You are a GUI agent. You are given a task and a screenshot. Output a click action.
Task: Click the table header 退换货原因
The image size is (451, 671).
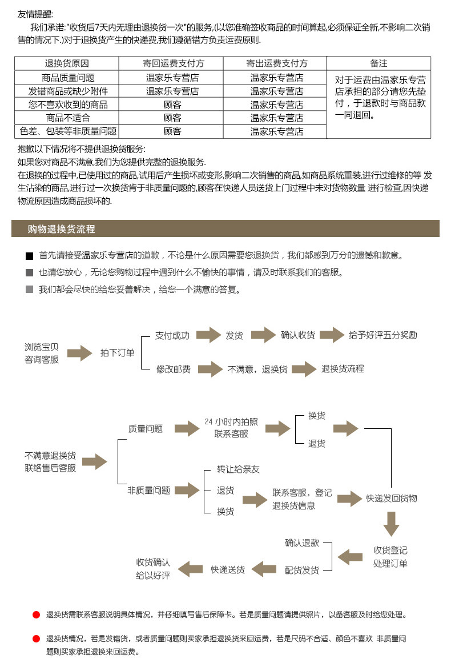67,63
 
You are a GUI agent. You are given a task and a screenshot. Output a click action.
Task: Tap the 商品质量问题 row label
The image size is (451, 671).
67,77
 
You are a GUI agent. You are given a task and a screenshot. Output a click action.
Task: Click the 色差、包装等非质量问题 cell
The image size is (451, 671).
67,131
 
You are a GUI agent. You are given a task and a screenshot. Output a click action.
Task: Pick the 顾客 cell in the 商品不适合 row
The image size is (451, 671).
172,118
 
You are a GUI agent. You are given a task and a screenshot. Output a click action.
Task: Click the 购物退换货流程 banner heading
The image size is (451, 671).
61,230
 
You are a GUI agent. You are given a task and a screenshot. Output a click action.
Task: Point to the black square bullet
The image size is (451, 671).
30,256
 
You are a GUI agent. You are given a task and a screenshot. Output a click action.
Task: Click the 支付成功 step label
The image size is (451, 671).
172,335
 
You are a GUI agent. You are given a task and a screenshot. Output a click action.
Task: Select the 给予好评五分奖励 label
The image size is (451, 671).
382,335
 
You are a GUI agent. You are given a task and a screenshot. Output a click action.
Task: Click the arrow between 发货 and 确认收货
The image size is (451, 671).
263,335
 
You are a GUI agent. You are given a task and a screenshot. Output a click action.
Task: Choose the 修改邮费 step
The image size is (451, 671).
173,369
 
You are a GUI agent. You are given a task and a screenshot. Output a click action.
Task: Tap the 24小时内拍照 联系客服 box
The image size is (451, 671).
231,428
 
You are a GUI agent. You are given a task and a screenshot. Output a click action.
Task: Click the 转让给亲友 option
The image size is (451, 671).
238,469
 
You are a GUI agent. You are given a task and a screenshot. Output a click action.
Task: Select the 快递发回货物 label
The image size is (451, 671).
392,498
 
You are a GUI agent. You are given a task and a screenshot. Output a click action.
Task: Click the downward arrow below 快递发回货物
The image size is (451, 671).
391,524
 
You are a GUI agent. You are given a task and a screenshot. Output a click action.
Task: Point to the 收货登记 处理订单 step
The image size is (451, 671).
390,557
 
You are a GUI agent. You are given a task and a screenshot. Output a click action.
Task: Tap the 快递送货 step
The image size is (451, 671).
227,569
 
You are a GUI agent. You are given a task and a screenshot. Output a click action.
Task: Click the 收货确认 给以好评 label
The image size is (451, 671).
152,569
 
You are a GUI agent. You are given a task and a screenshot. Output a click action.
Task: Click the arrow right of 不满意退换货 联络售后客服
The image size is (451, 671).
95,461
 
